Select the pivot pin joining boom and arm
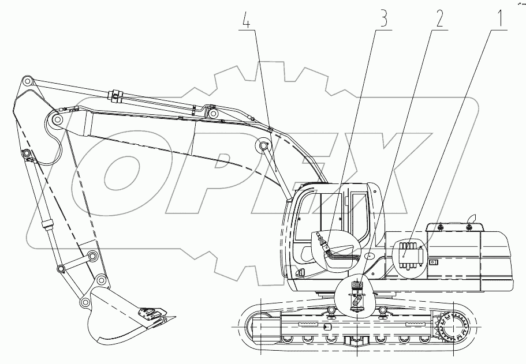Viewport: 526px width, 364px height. tap(57, 120)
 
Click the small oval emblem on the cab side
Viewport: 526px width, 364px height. tap(353, 256)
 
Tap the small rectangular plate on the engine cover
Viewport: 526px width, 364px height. tap(434, 262)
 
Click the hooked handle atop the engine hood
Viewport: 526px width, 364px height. tap(473, 217)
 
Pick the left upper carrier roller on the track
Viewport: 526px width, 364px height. tap(331, 311)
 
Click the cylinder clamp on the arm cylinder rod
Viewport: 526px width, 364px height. tap(117, 95)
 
